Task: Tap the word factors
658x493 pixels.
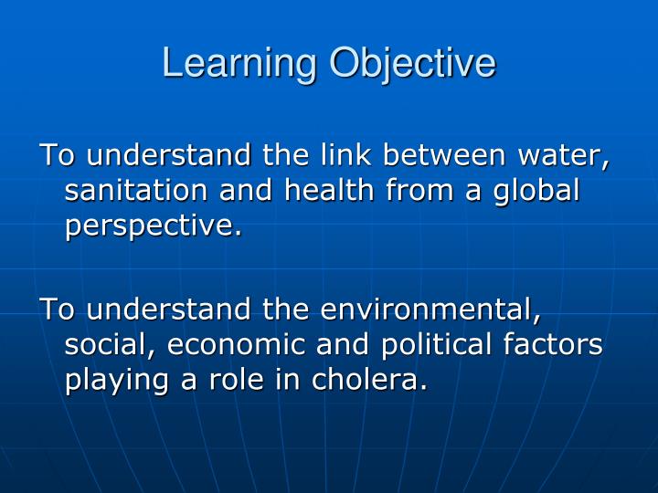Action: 558,344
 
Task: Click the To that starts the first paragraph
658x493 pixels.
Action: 52,155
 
